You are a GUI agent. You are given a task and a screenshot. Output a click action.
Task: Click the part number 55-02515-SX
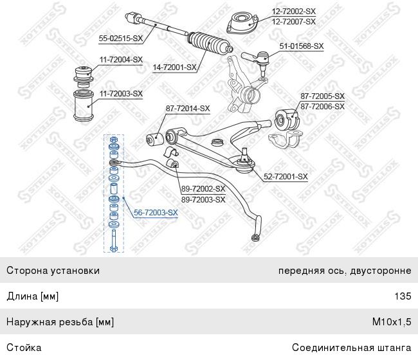pos(121,39)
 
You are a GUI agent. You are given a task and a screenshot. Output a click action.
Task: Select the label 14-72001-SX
pos(175,67)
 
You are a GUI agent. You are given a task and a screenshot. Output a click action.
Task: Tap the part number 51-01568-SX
pos(302,46)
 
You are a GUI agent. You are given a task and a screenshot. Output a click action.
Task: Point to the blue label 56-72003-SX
pos(156,212)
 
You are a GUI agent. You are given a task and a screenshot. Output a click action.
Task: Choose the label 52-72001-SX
pos(286,176)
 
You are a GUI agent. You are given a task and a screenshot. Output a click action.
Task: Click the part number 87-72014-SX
pos(188,109)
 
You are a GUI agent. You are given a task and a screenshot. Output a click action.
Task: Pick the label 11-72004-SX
pos(122,59)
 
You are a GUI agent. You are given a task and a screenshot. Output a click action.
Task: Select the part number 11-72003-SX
pos(122,93)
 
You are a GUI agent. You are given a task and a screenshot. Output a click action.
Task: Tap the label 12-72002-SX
pos(294,11)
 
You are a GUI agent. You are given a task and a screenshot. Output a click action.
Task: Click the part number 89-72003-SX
pos(203,199)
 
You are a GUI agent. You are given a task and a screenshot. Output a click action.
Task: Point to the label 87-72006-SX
pos(323,106)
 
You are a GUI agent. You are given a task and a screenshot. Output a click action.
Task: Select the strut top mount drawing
pos(242,22)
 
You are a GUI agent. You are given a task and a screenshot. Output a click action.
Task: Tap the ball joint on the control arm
pos(245,161)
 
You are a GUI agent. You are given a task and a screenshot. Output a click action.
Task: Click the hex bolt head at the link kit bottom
pos(113,249)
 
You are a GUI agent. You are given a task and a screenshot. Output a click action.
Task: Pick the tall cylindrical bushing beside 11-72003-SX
pos(83,106)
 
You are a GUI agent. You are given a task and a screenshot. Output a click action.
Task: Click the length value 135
pos(403,296)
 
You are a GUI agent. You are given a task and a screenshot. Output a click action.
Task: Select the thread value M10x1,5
pos(392,322)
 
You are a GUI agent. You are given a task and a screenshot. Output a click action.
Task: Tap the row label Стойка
pos(24,348)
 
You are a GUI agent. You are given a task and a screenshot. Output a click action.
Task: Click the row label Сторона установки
pos(53,271)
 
